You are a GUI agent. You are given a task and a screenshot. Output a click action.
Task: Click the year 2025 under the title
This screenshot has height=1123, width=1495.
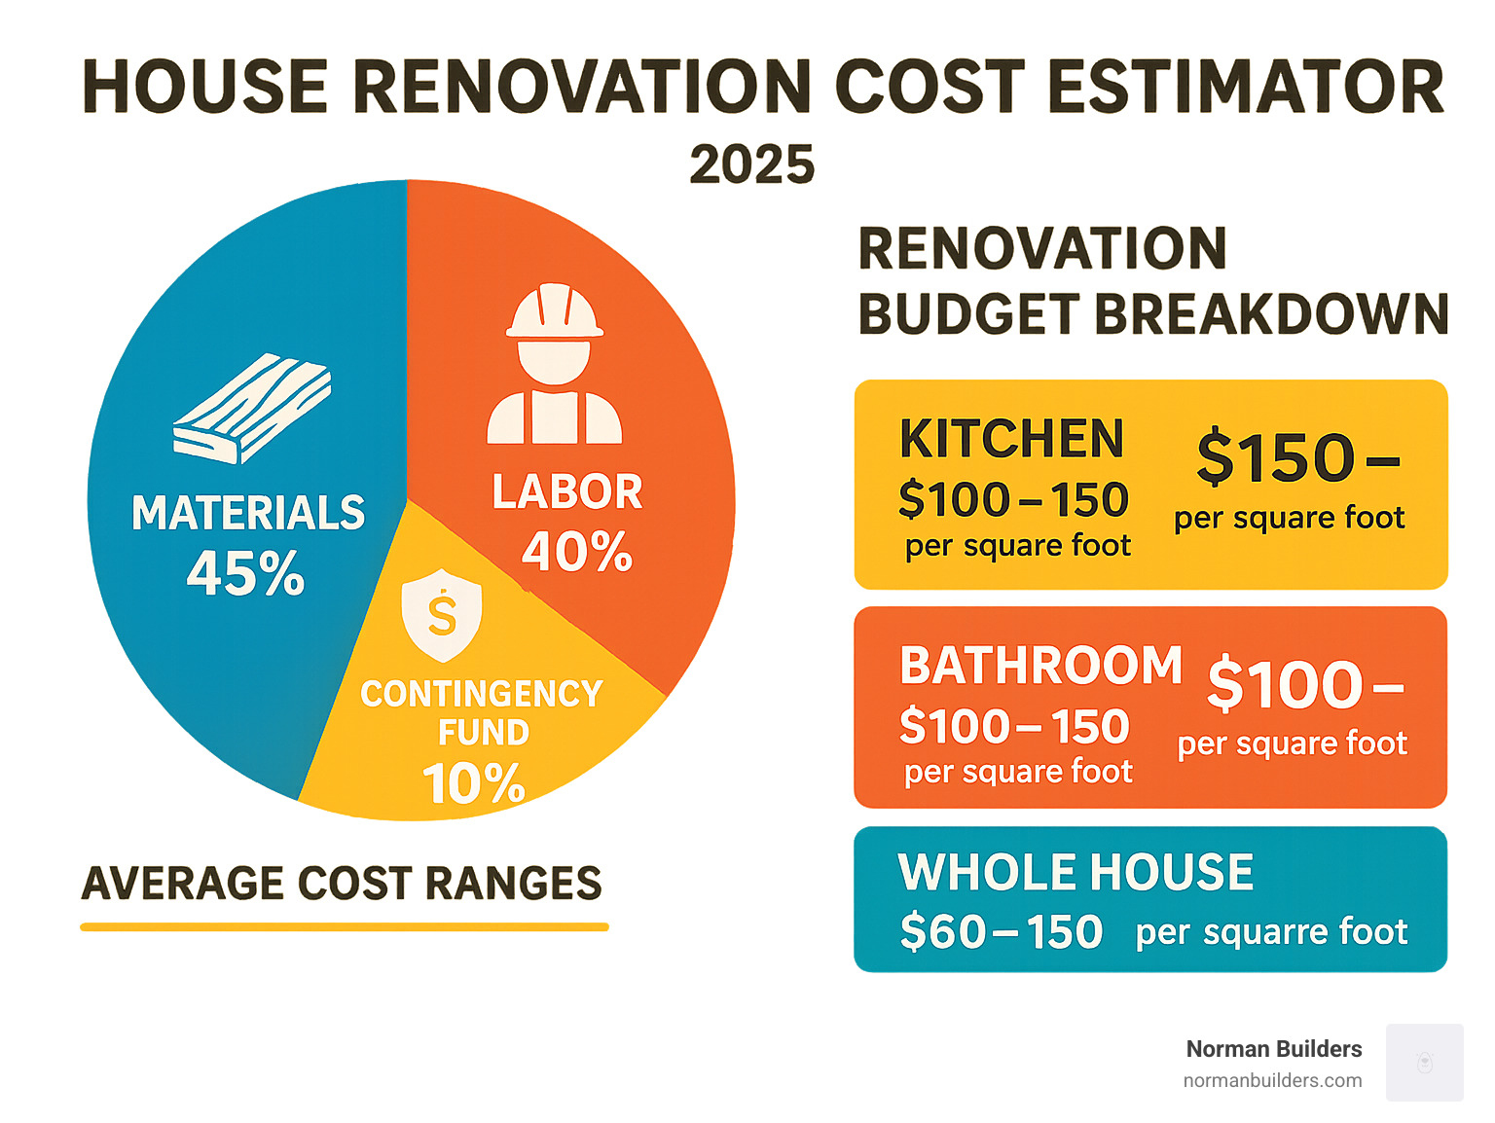[751, 164]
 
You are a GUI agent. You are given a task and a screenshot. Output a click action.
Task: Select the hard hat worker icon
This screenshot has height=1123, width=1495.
[554, 364]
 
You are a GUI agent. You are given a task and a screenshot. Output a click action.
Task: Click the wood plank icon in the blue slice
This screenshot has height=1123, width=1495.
[252, 409]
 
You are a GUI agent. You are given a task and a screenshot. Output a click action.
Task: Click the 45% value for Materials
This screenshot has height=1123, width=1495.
[245, 573]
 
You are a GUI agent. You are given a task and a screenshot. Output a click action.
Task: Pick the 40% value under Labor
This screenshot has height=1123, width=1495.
[577, 552]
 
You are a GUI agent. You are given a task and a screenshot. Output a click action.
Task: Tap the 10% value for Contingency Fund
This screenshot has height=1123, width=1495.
[474, 783]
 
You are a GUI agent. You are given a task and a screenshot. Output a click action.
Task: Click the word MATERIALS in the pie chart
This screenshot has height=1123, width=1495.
[248, 513]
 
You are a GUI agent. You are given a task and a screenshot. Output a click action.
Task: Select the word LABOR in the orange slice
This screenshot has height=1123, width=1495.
[567, 492]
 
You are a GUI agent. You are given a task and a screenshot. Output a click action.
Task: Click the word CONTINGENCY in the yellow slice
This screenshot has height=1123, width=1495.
[481, 694]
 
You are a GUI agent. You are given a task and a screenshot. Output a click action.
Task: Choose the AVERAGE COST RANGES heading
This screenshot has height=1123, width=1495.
[342, 884]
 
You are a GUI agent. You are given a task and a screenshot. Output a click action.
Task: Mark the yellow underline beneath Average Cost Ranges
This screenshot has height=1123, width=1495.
[344, 927]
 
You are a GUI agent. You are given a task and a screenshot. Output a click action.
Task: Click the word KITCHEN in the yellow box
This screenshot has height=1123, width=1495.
[1011, 439]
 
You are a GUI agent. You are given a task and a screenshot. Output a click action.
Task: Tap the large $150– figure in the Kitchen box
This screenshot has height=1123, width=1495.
[1297, 457]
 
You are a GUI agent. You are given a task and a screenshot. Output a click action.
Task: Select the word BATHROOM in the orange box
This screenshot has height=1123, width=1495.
[1040, 667]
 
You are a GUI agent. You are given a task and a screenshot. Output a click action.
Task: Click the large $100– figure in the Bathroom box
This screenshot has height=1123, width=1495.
[1304, 685]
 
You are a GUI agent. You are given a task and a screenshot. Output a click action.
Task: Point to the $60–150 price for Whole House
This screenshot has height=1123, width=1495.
[1001, 932]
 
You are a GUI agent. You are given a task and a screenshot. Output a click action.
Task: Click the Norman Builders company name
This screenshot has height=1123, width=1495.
[1273, 1049]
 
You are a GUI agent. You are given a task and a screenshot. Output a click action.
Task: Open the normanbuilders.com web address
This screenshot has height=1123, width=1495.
[1272, 1080]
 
